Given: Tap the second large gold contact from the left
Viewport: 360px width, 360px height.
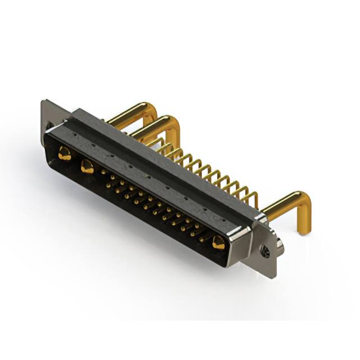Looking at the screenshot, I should (x=87, y=166).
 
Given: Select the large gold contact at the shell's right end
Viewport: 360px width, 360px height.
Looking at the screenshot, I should (x=219, y=243).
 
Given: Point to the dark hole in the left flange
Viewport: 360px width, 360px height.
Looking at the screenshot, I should (x=49, y=125).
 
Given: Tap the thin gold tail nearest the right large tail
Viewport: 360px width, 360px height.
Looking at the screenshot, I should (x=253, y=197).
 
